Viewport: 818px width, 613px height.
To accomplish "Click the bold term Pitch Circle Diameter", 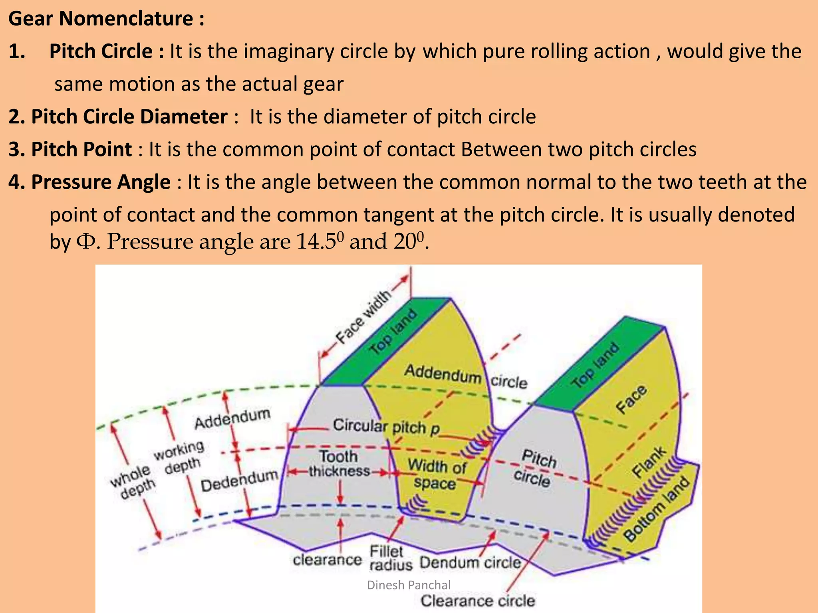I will (x=118, y=117).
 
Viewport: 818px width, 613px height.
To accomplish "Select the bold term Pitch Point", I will (x=81, y=150).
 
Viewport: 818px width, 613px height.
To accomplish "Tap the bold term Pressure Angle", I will (x=101, y=182).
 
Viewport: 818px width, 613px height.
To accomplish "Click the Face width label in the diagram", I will (x=363, y=317).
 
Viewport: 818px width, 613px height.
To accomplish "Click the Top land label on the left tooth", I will (x=393, y=332).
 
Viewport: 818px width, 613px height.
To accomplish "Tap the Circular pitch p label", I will (x=386, y=427).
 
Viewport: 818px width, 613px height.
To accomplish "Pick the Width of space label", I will (x=436, y=474).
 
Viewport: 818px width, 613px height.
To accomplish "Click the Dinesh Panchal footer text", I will (x=409, y=585).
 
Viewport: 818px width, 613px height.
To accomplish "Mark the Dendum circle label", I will (x=470, y=563).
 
